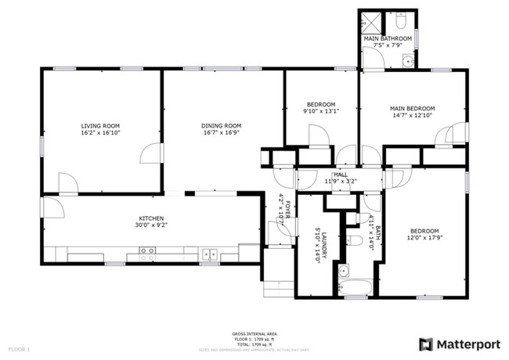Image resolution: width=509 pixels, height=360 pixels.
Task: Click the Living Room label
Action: click(100, 125)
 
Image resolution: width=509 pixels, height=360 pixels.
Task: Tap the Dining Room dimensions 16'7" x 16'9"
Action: click(221, 133)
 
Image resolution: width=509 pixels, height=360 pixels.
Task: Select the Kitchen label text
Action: click(150, 218)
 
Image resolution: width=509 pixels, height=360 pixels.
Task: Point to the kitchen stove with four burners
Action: click(146, 254)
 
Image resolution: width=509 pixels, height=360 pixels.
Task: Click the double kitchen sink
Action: click(209, 254)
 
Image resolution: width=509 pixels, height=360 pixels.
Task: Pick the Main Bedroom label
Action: click(412, 108)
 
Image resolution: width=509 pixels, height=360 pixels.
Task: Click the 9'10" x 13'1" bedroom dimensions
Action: click(320, 112)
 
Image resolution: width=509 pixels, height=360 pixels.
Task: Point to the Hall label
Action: click(341, 174)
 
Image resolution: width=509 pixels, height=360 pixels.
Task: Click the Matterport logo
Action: click(459, 343)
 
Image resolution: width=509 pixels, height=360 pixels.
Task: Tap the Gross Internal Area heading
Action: click(254, 333)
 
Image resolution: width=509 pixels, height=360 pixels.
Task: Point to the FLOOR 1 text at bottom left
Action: click(19, 347)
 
